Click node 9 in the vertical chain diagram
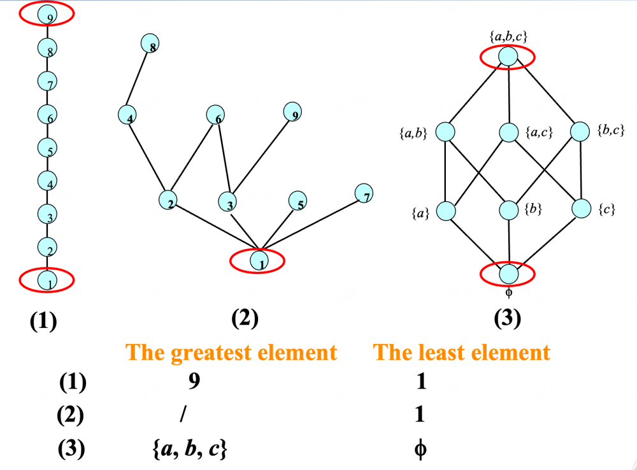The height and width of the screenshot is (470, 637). click(47, 15)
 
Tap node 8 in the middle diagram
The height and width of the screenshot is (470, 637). click(150, 43)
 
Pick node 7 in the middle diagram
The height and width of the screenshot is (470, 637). click(364, 194)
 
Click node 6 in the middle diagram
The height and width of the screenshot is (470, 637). click(216, 115)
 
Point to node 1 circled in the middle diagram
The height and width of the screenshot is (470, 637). click(259, 260)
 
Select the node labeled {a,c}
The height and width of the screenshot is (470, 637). click(508, 132)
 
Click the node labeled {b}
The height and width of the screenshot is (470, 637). click(508, 209)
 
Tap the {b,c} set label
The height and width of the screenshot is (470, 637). click(611, 131)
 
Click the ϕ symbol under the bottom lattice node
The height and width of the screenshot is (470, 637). click(508, 294)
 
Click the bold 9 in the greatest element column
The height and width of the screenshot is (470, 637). click(194, 381)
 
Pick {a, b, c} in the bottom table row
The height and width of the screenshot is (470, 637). click(189, 449)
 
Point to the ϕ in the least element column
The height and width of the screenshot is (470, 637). click(419, 449)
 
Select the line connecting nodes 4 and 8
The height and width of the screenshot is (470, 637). click(140, 79)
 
